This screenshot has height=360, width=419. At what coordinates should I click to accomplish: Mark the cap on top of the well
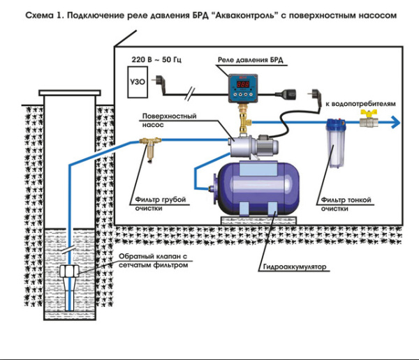tap(69, 92)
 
